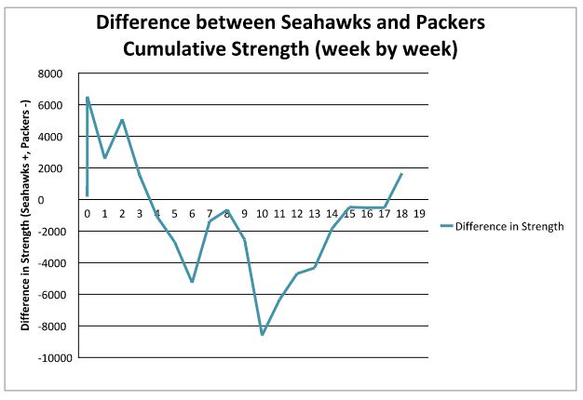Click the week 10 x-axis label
262,213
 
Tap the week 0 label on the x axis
87,213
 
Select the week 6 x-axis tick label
192,213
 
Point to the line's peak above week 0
88,97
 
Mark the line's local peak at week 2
122,120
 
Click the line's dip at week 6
192,282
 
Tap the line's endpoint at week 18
401,174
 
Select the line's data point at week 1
104,158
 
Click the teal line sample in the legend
451,225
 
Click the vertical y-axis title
26,216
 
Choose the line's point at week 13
315,267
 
